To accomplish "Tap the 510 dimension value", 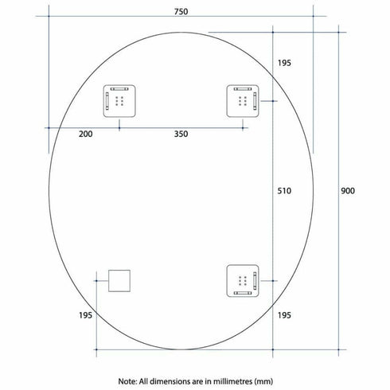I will click(285, 191).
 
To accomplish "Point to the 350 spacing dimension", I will click(181, 134).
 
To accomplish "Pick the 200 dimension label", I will click(86, 134).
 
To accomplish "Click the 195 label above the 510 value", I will click(285, 64).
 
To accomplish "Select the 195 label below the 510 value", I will click(285, 316).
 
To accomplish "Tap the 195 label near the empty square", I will click(86, 316).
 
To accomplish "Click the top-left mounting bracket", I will click(119, 100).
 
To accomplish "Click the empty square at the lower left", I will click(119, 280).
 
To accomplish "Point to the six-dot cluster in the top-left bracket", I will click(121, 101).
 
